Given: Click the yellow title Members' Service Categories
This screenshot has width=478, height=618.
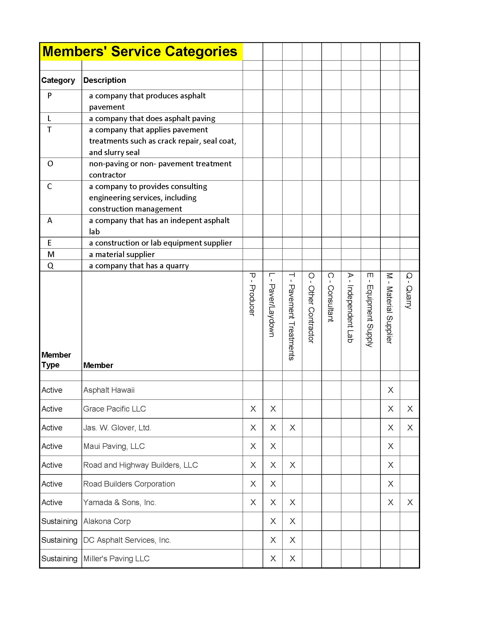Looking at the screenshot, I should (140, 51).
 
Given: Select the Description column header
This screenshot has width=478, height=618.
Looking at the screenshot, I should (105, 80).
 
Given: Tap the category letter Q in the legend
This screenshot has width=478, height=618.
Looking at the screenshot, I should (50, 266).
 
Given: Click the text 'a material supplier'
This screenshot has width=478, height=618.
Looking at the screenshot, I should (122, 255).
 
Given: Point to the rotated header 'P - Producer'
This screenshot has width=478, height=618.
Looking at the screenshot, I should (252, 294).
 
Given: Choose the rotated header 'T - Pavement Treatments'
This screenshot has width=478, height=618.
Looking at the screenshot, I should (292, 316).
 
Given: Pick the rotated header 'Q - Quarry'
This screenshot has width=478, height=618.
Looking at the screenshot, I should (409, 291).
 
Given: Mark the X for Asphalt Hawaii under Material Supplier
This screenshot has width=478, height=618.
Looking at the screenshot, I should (391, 390).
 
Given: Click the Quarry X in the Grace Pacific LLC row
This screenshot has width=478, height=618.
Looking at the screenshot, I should (410, 409).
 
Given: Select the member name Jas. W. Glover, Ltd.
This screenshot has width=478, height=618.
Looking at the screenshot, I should (117, 428).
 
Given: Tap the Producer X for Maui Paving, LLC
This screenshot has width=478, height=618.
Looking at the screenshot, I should (253, 446).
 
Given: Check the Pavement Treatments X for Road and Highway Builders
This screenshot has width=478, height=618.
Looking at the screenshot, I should (292, 465).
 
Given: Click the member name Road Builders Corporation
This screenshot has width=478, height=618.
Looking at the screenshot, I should (129, 484).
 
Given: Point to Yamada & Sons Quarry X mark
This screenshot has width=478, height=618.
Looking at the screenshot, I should (410, 502).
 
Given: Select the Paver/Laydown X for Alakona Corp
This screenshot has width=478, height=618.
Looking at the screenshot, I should (273, 521).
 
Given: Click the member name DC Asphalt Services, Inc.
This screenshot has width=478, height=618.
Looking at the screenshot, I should (127, 540).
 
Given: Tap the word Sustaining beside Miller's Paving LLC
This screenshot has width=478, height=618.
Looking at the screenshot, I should (59, 558).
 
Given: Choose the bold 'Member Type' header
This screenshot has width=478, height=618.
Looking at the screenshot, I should (56, 360).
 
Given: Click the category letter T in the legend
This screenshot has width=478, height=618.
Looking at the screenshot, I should (49, 129).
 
